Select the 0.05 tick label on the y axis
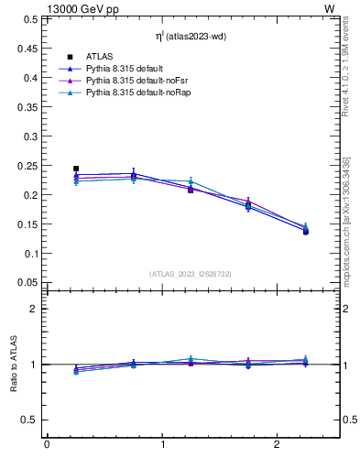[x=28, y=282]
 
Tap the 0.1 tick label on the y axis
[x=31, y=253]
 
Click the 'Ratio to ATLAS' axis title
[x=14, y=365]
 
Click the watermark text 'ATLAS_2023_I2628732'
[x=191, y=273]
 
